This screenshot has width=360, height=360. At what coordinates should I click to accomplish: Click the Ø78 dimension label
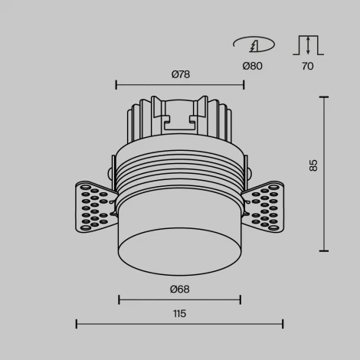coord(180,74)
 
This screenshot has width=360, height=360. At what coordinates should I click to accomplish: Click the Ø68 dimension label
coord(180,289)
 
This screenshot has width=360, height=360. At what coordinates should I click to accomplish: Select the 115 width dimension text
coord(179,313)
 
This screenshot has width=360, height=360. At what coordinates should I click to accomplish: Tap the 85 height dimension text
coord(313,165)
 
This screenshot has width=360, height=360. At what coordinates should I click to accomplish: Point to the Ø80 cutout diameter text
coord(252,66)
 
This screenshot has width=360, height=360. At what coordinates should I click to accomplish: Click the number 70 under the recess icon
coord(307,66)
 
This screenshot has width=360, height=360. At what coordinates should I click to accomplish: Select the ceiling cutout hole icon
coord(252,44)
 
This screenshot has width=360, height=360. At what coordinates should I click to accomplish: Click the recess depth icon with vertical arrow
coord(307,44)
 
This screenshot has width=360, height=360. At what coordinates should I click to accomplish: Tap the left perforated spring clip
coord(95,205)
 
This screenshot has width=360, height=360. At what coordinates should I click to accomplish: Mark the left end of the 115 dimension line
coord(77,324)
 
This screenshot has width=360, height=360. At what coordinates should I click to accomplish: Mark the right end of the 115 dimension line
coord(283,324)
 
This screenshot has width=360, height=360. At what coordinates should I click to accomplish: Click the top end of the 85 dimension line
coord(324,97)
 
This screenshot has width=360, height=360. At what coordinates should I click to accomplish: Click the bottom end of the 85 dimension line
coord(324,250)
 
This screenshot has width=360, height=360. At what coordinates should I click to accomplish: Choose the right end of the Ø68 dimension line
coord(241,299)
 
